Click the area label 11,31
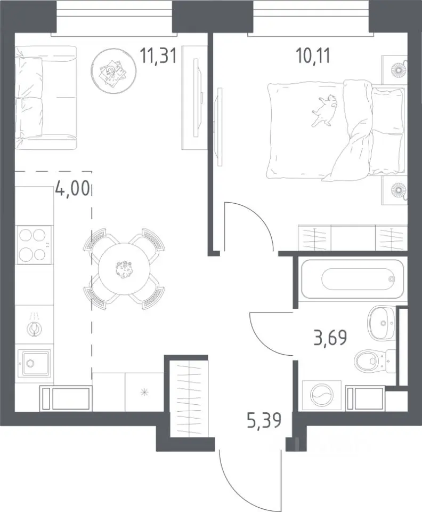point(158,55)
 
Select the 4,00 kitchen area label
point(72,188)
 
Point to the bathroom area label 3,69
point(330,338)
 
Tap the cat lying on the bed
point(325,110)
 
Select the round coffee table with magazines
point(114,71)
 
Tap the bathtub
point(353,279)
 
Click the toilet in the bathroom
point(375,361)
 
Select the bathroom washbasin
point(381,322)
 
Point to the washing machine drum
point(322,395)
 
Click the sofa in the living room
point(46,97)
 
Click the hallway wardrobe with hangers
point(189,398)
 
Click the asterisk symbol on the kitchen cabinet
point(144,392)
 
